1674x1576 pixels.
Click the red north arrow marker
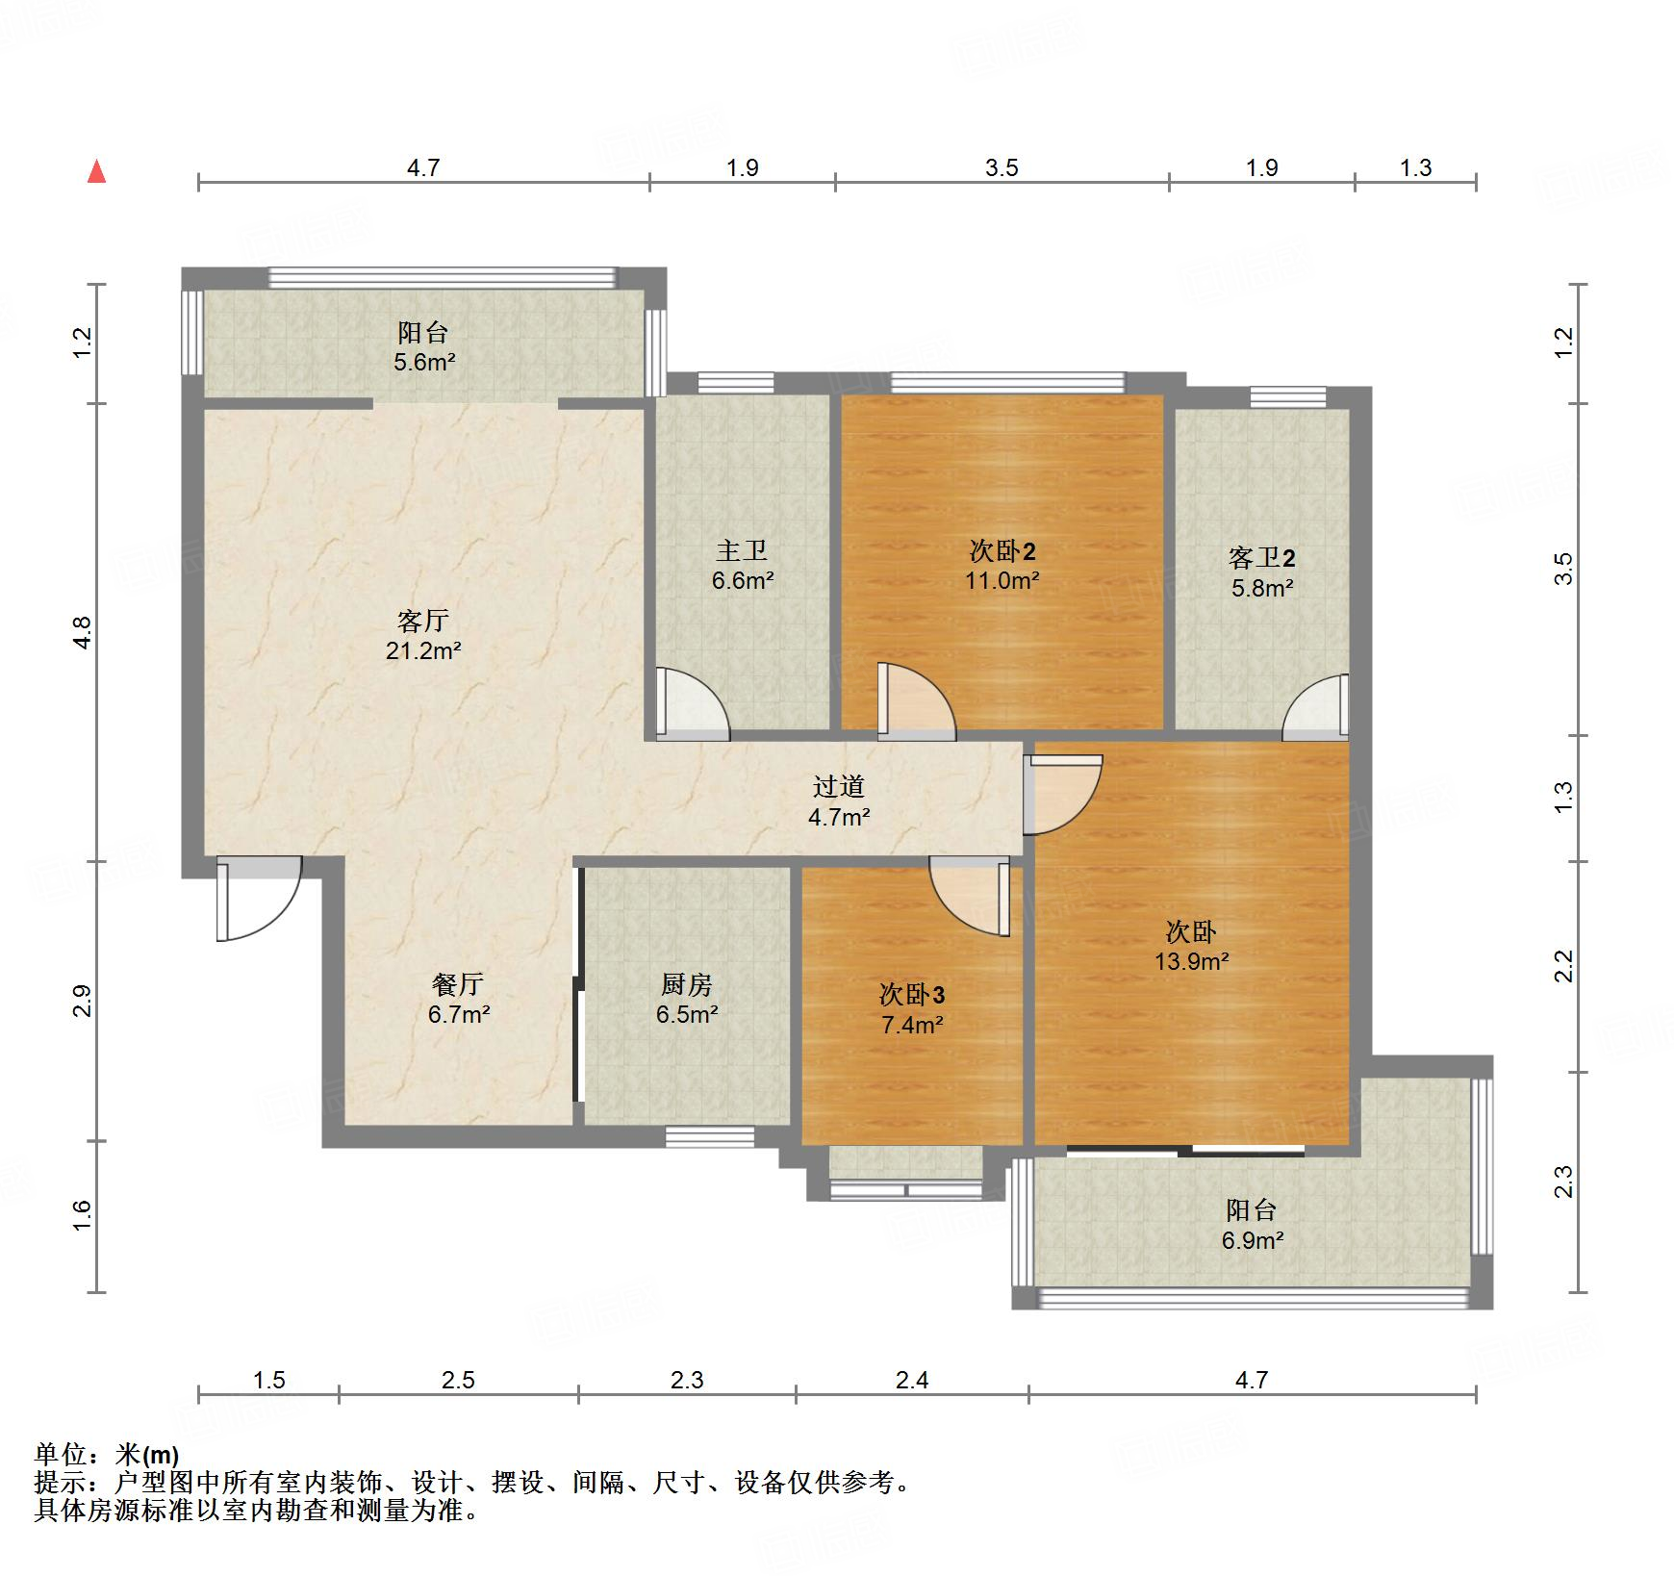[x=96, y=172]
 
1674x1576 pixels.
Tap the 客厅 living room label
[x=423, y=622]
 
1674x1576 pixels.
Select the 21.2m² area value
[x=423, y=651]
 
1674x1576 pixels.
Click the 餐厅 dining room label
[x=458, y=984]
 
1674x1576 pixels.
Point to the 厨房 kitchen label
[x=687, y=984]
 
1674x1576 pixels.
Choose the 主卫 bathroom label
[x=742, y=550]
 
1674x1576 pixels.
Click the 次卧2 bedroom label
[x=1002, y=550]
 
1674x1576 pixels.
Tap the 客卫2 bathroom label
[x=1262, y=557]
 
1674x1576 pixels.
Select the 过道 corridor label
[x=839, y=786]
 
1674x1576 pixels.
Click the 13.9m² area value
[x=1192, y=961]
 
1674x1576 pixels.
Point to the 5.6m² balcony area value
[x=423, y=363]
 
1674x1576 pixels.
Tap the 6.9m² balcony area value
[x=1253, y=1240]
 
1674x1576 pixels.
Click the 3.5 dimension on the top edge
[x=1002, y=168]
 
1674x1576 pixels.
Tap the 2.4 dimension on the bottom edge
[x=912, y=1381]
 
